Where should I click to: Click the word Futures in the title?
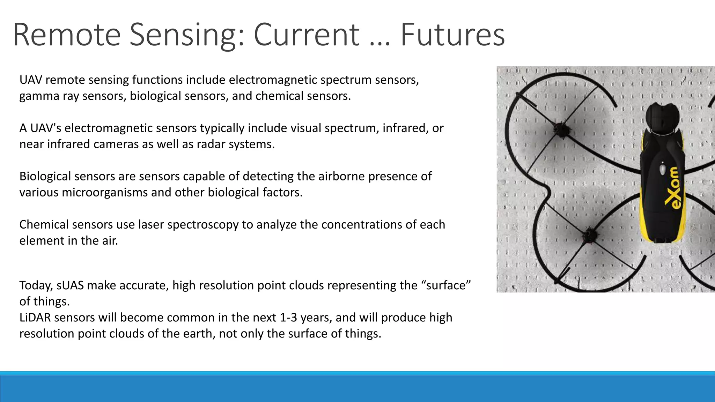point(452,35)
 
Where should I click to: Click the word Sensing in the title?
point(187,35)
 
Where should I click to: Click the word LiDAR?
point(35,318)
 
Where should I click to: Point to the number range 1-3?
point(288,318)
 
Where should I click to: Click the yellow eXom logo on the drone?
point(675,188)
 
